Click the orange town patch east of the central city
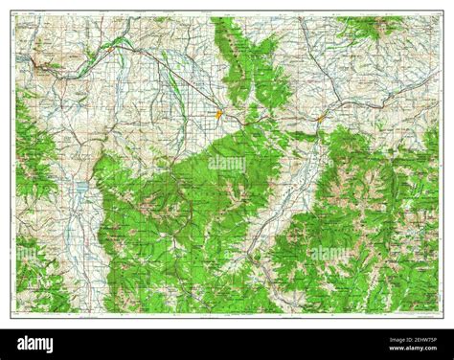coord(321,118)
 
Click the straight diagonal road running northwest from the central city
coord(182,81)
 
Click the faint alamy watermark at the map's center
coord(227,165)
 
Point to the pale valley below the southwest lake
coord(77,239)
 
